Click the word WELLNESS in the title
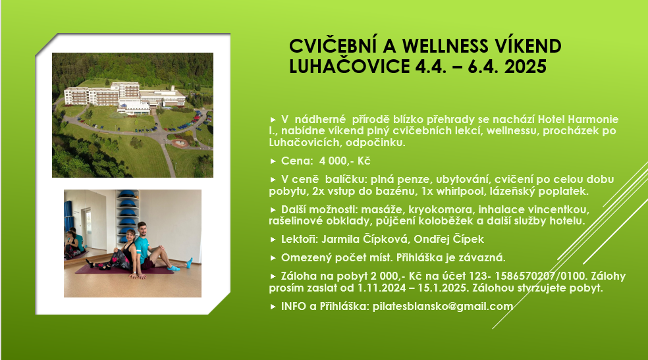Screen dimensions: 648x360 point(445,46)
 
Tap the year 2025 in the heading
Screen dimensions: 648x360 point(526,66)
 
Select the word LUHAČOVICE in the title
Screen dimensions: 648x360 point(350,66)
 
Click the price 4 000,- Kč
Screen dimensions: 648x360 point(344,161)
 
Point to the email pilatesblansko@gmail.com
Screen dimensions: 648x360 point(443,306)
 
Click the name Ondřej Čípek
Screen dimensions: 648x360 point(449,239)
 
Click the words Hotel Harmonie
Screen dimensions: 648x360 point(578,119)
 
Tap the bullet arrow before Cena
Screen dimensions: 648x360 point(273,161)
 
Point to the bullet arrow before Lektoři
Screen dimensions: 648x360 point(273,240)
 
